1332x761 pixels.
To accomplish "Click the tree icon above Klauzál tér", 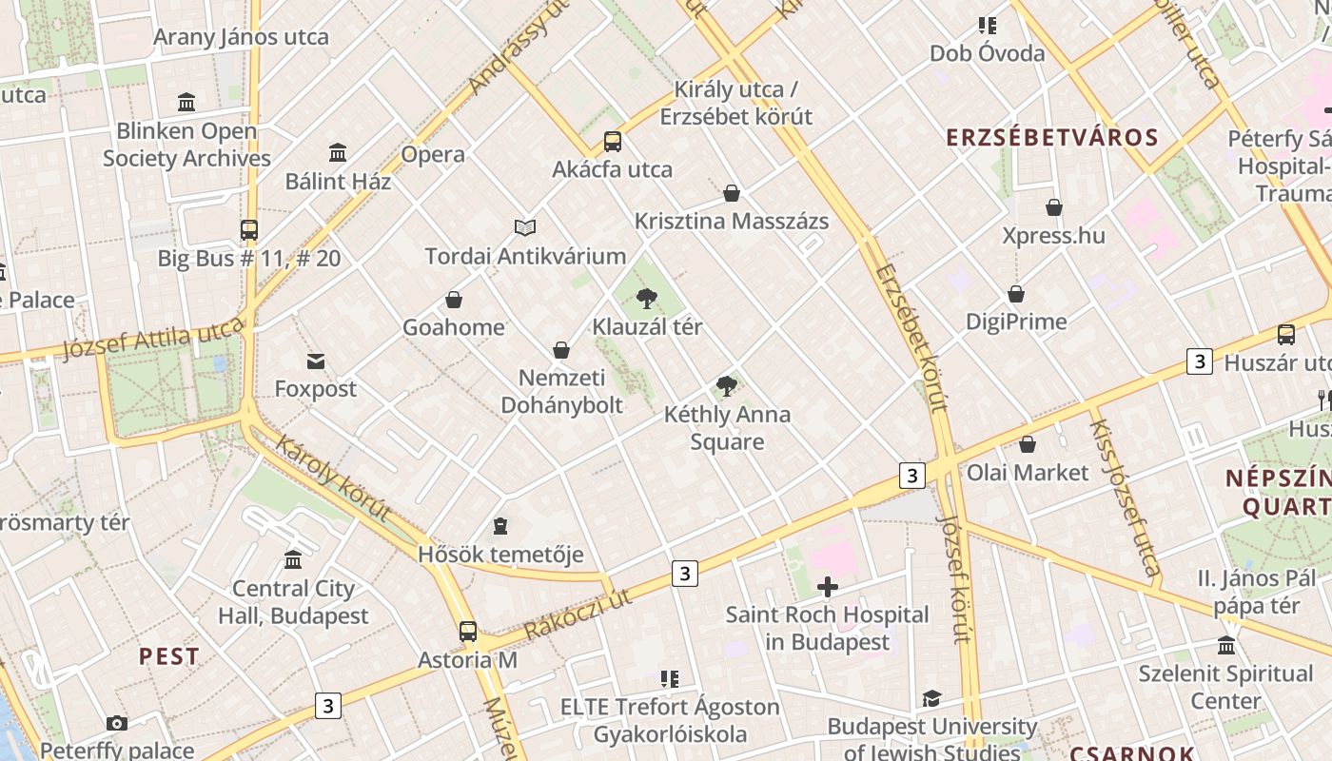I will tap(647, 299).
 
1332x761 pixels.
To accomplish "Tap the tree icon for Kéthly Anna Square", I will tap(727, 386).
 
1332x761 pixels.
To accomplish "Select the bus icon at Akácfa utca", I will tap(613, 142).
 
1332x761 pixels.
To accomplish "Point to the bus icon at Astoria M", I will tap(468, 631).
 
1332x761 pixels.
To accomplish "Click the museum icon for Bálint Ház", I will tap(338, 152).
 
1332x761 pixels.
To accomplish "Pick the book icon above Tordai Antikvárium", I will tap(525, 227).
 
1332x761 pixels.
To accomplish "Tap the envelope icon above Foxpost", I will tap(316, 361).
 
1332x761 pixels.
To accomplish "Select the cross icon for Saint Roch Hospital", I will tap(828, 587).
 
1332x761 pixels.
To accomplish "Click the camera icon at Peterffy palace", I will tap(117, 723).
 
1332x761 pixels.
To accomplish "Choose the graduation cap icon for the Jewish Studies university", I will tap(931, 699).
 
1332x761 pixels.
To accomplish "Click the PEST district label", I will tap(169, 656).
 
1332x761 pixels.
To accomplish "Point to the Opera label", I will tap(433, 154).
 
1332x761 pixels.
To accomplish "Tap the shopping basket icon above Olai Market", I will tap(1028, 444).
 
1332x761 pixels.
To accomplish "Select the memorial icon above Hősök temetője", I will tap(500, 526).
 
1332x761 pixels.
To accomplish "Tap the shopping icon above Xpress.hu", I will tap(1054, 207).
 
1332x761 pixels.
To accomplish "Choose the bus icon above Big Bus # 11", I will tap(249, 229).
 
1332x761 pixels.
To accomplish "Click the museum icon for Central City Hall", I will tap(293, 560).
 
